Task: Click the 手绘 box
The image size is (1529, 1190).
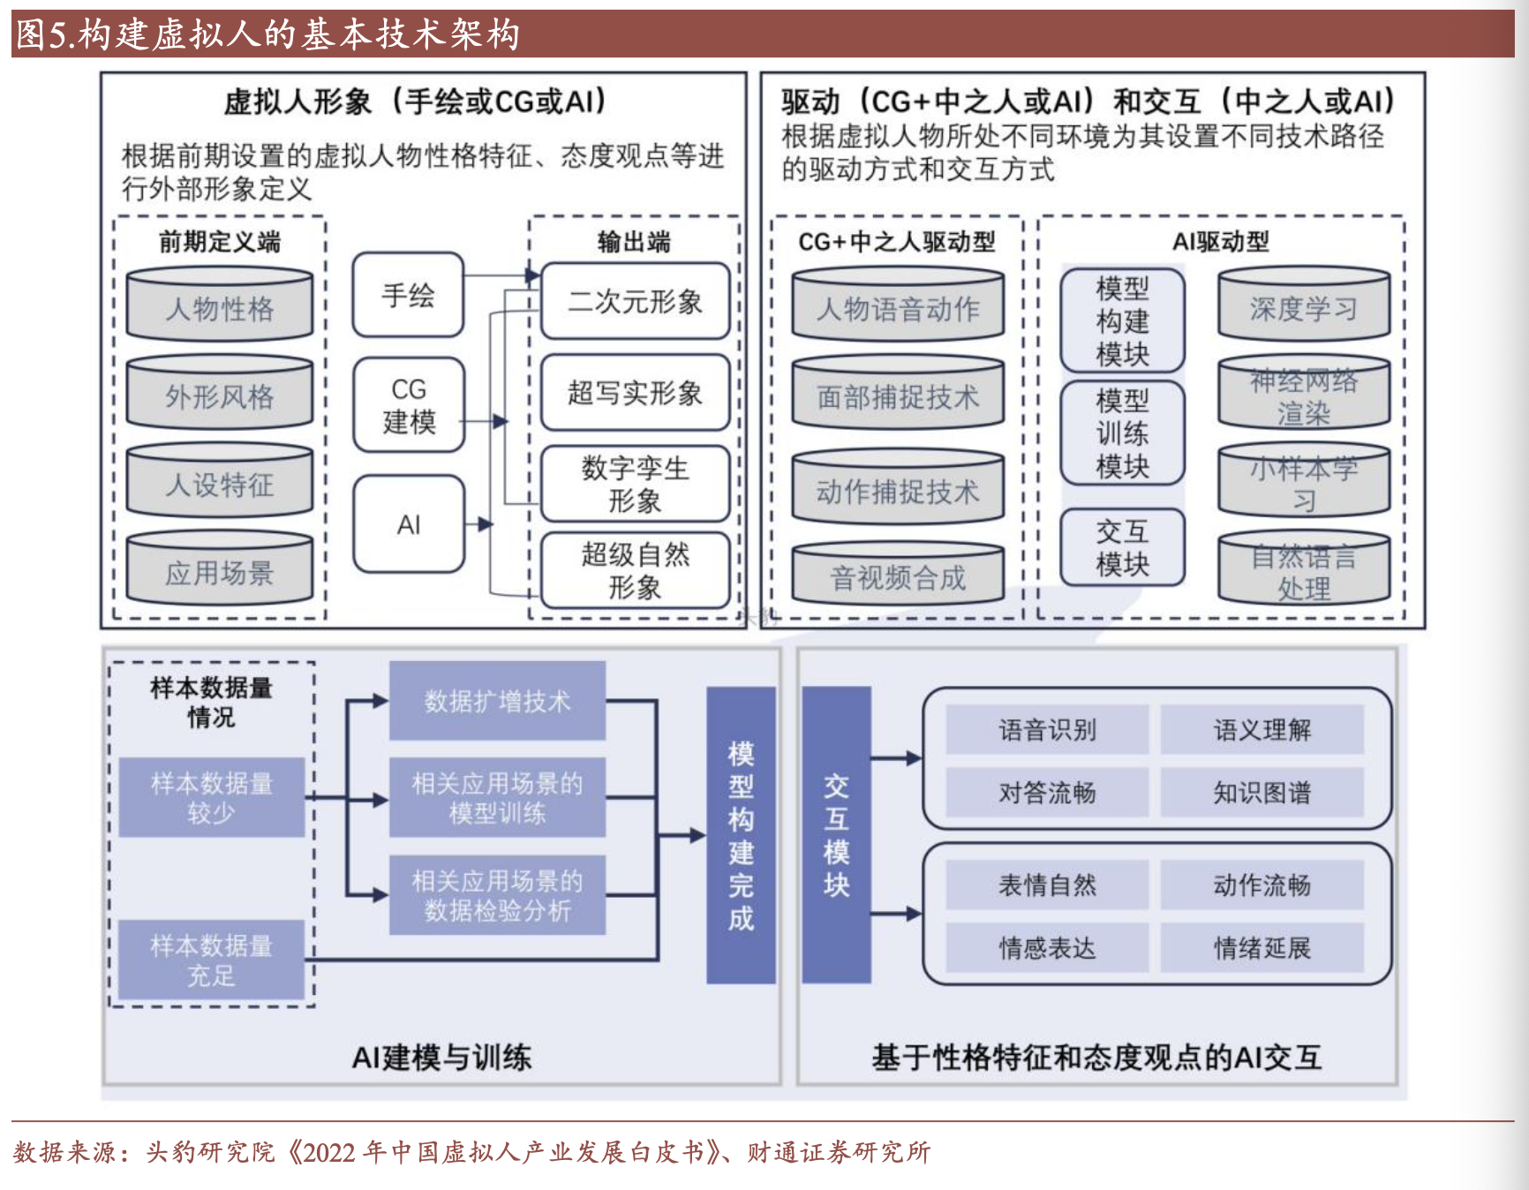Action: coord(408,295)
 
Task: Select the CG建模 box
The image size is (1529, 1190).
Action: coord(408,405)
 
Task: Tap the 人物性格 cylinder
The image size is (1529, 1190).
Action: coord(220,306)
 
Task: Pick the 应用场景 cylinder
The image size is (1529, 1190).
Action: coord(220,570)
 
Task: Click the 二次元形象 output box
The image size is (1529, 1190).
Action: coord(635,302)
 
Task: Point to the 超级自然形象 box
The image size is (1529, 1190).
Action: coord(635,570)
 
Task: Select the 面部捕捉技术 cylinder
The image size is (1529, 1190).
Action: coord(898,395)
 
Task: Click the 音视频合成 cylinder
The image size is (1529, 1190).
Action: coord(898,576)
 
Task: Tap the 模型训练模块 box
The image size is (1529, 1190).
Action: coord(1122,433)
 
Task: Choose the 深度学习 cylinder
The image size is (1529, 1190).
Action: coord(1303,306)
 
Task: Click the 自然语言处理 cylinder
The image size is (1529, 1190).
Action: coord(1303,570)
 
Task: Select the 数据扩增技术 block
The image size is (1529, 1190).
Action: coord(497,701)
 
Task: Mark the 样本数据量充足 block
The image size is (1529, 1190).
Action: coord(211,960)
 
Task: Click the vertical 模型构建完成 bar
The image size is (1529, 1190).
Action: coord(741,835)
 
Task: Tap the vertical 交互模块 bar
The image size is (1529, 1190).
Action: coord(836,835)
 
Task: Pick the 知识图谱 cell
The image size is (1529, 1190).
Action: coord(1262,793)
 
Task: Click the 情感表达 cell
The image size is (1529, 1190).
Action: coord(1047,948)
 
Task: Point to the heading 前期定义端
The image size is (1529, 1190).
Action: coord(219,241)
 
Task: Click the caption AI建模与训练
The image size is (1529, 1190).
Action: coord(441,1057)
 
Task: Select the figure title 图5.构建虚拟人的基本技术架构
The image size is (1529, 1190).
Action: coord(267,34)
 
